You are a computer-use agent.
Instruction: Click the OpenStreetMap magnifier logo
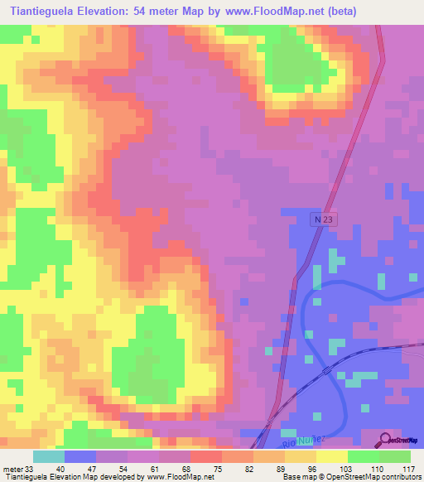(387, 439)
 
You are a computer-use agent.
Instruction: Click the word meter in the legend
(14, 469)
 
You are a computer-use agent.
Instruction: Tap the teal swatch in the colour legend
(49, 456)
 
